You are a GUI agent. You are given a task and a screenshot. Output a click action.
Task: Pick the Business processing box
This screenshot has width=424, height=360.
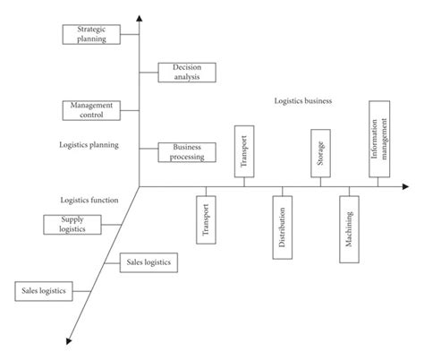click(x=187, y=151)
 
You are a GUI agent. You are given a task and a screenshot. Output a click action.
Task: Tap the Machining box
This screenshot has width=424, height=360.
click(x=347, y=236)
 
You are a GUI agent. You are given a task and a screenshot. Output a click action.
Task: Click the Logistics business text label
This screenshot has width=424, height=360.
click(x=303, y=101)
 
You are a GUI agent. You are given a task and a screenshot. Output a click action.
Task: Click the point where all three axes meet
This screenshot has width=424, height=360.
click(x=140, y=185)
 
